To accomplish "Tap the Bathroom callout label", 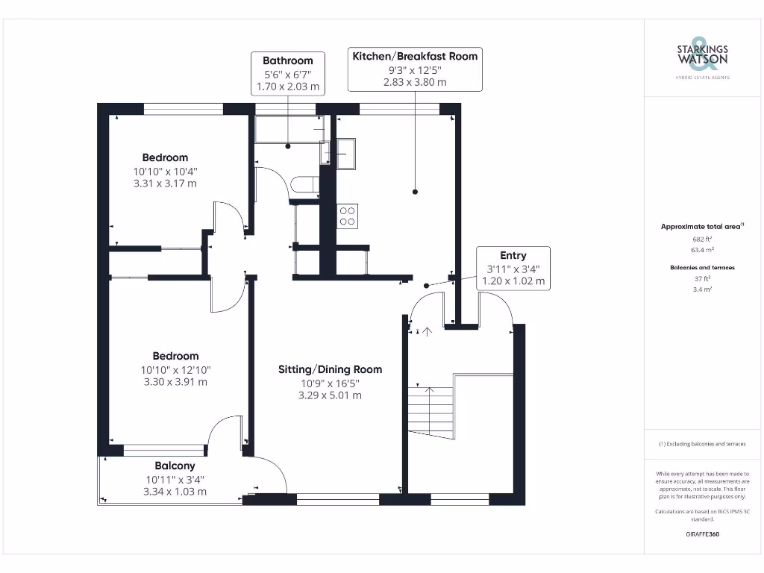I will click(287, 60).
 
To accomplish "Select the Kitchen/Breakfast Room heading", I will click(415, 56).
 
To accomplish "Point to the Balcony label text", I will click(175, 466).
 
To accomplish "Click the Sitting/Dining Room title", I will click(330, 369).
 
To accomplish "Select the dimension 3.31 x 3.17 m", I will click(165, 184).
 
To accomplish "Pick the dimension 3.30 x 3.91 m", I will click(175, 382).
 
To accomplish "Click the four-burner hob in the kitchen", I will click(348, 216).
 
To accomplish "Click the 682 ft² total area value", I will click(702, 239).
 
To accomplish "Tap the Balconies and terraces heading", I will click(702, 267).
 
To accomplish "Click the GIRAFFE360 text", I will click(702, 534).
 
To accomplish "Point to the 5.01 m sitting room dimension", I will click(330, 395).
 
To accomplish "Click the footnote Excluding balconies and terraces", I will click(702, 444).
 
